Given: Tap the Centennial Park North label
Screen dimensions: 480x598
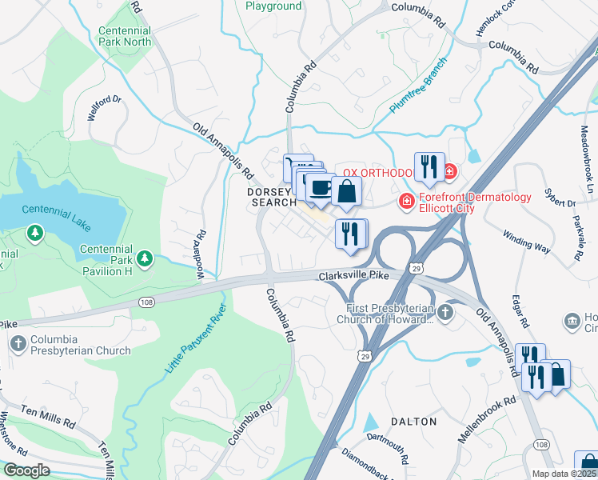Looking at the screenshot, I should tap(125, 35).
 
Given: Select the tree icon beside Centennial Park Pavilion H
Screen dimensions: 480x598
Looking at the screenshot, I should tap(145, 258).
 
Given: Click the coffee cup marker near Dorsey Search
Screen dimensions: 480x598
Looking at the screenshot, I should tap(321, 189).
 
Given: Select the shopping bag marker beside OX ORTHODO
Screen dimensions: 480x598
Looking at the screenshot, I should tap(347, 191).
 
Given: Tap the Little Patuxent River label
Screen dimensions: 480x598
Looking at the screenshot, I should tap(196, 338).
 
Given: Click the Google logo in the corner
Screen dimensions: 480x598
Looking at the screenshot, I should tap(26, 470).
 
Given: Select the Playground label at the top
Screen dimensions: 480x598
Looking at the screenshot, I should tap(273, 6).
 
